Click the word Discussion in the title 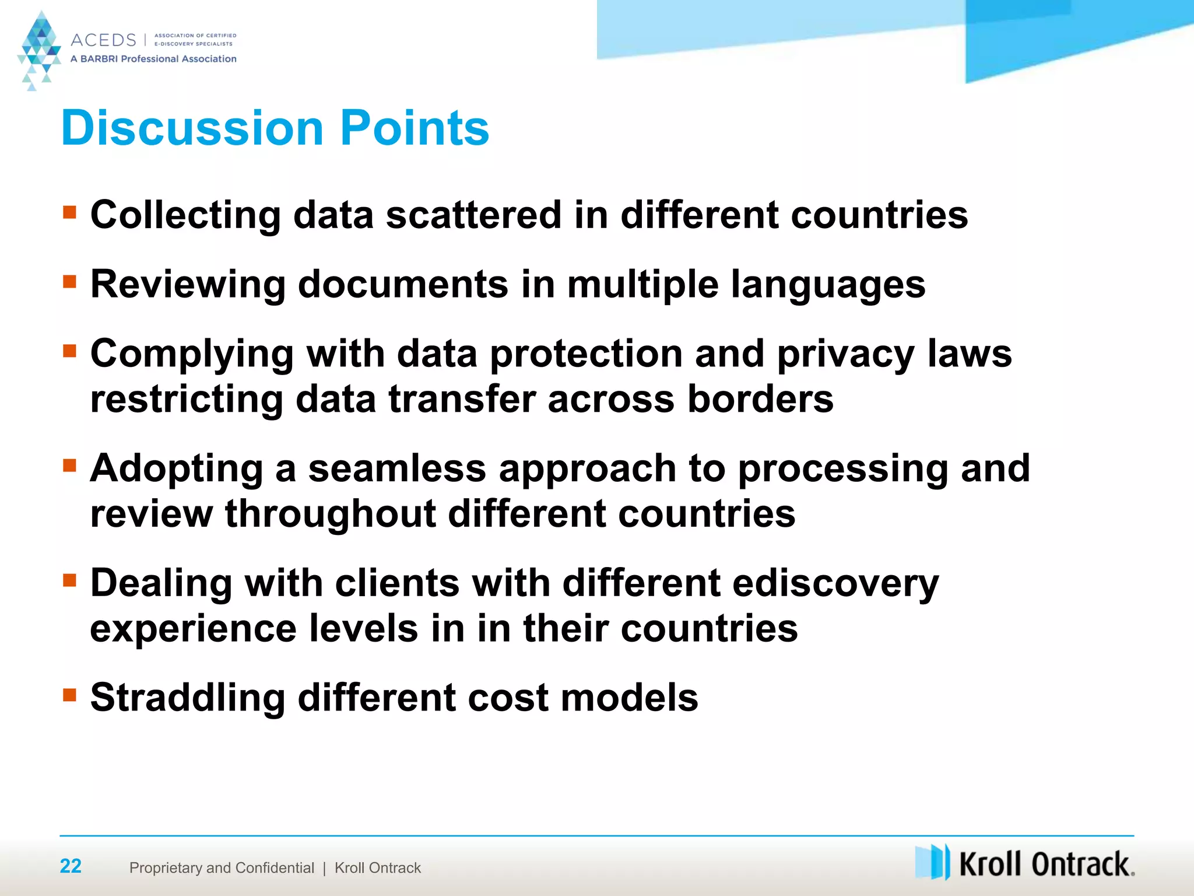tap(192, 128)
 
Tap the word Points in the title tap(415, 128)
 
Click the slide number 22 tap(71, 866)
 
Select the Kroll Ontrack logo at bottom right tap(1024, 863)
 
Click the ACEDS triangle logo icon tap(39, 50)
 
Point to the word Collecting tap(185, 215)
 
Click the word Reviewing tap(188, 285)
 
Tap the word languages tap(828, 285)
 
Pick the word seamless tap(397, 468)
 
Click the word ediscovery tap(835, 583)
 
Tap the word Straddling tap(187, 698)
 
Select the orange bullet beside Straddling tap(70, 694)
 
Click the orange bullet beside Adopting tap(70, 465)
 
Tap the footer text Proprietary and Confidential tap(222, 868)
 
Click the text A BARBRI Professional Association tap(153, 59)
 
